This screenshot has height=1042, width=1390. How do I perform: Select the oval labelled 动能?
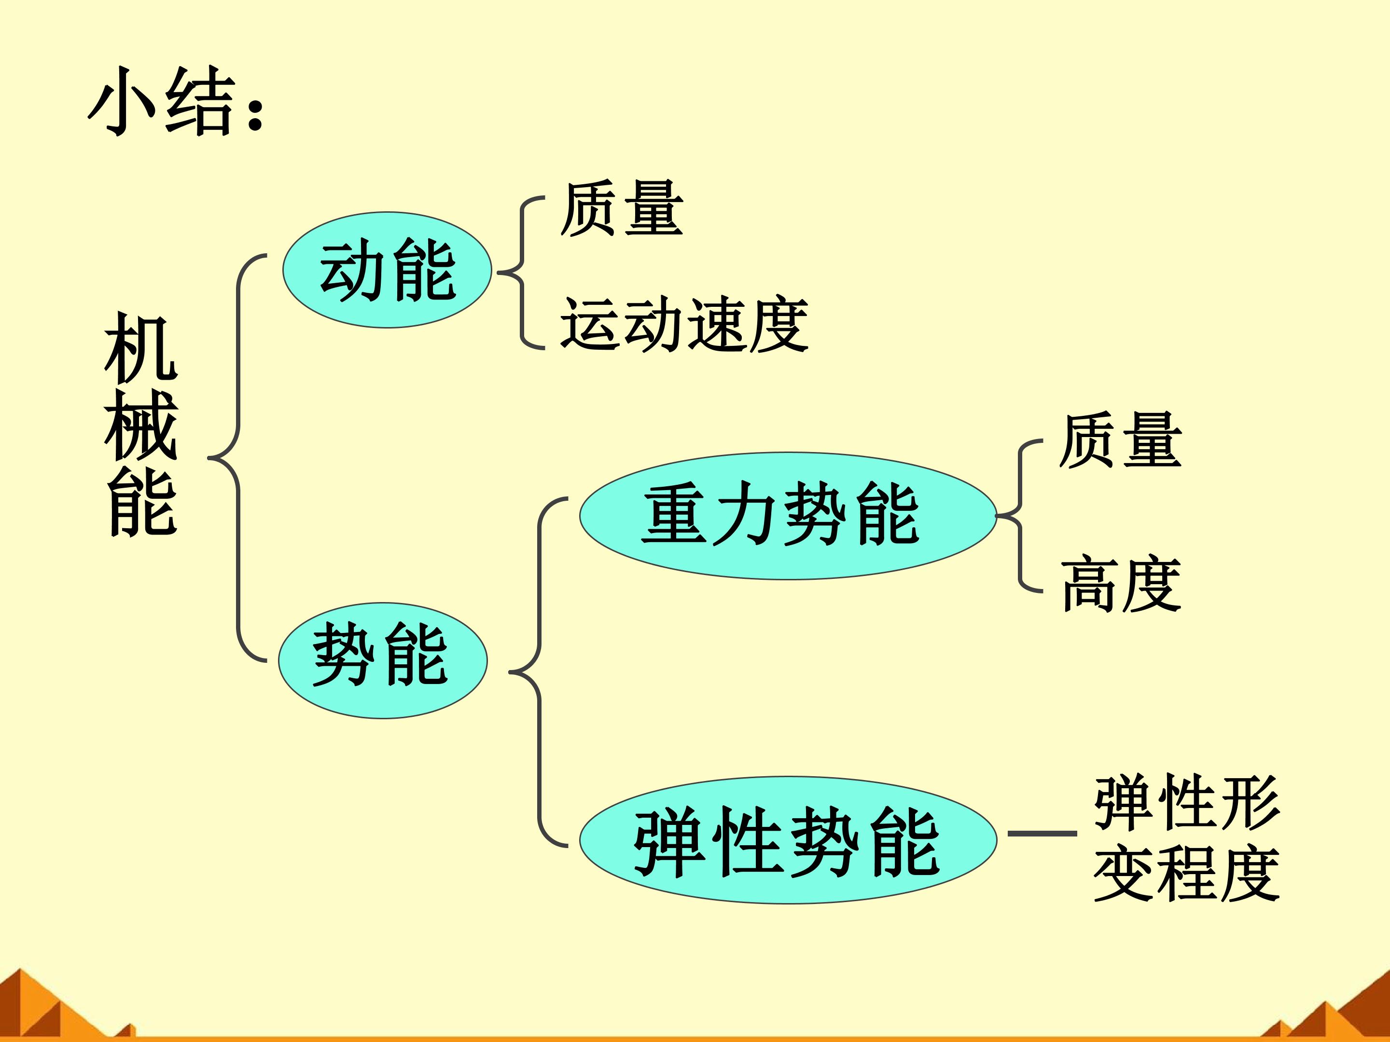click(x=387, y=270)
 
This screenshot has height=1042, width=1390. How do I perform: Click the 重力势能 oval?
click(x=788, y=516)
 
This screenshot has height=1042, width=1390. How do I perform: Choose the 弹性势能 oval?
click(x=788, y=840)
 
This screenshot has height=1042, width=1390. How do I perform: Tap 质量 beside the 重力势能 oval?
click(x=1120, y=440)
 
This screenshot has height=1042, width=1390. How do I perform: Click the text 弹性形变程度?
click(x=1186, y=838)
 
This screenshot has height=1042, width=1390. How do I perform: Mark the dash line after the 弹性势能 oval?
click(x=1042, y=834)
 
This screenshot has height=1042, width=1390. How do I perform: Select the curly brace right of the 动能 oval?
click(x=521, y=273)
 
